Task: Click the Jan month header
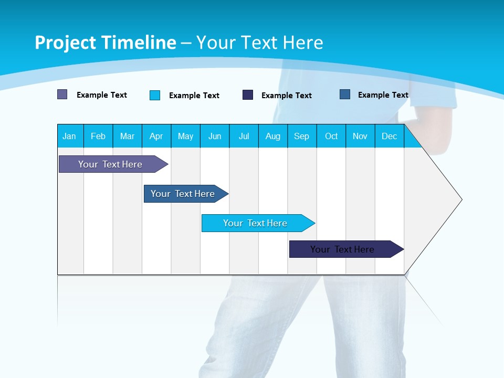point(70,136)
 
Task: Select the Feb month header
point(98,136)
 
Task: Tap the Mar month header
point(127,136)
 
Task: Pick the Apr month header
point(156,136)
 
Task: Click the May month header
point(185,136)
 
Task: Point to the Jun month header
point(215,136)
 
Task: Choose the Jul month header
point(244,136)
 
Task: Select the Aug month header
point(273,136)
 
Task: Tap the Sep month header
point(302,136)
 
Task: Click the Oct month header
point(331,136)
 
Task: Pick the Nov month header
point(360,136)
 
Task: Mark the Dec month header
point(390,136)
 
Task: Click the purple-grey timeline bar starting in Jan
point(111,164)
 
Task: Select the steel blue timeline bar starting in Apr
point(183,194)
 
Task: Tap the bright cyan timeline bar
point(256,223)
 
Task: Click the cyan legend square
point(155,95)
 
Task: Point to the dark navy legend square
point(248,95)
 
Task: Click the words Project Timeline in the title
point(106,43)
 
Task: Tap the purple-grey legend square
point(62,94)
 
